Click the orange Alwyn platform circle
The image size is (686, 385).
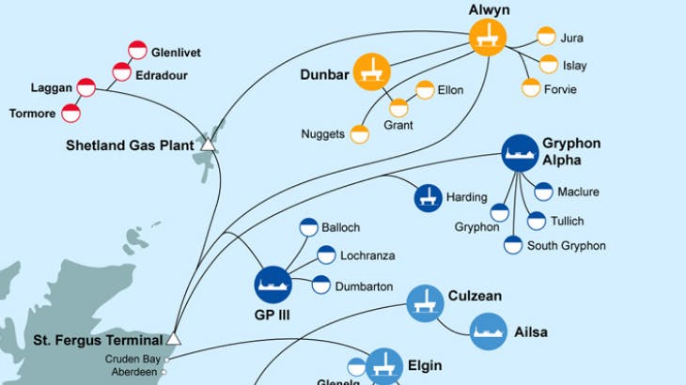coord(488,38)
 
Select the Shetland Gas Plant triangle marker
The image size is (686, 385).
coord(208,145)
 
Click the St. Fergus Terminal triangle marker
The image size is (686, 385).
coord(173,339)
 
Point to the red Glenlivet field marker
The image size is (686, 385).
coord(137,51)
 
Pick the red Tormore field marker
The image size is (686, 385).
coord(70,114)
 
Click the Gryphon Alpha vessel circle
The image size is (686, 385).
coord(520,152)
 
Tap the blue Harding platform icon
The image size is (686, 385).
coord(429,197)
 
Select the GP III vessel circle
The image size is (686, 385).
coord(273,284)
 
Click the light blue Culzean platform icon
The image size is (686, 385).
coord(425,303)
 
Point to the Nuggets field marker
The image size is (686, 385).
coord(359,134)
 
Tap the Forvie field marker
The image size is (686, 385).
coord(531,88)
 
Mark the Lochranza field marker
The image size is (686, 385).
coord(326,254)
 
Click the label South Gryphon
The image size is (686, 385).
coord(566,246)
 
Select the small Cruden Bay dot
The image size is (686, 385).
coord(166,359)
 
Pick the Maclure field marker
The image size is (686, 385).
coord(543,192)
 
